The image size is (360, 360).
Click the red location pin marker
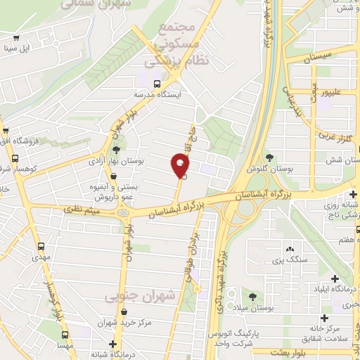click(181, 167)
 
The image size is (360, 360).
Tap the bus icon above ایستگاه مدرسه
click(148, 83)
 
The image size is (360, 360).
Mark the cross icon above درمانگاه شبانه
click(96, 343)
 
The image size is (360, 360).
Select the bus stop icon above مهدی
click(42, 247)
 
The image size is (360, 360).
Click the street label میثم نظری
click(83, 208)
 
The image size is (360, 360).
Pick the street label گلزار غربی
click(328, 132)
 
